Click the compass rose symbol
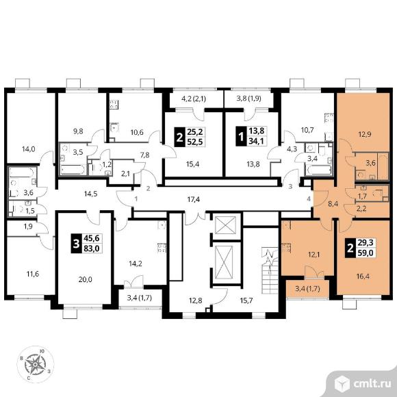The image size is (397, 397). pos(35,364)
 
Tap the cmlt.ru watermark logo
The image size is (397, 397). pos(363,385)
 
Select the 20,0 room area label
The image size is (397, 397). pos(85,279)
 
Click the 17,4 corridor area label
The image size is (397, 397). pos(194,200)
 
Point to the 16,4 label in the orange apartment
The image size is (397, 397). pos(363,277)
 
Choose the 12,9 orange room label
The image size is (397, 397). pos(365,134)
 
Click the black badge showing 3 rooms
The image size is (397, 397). pos(76,244)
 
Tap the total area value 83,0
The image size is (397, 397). pos(92,248)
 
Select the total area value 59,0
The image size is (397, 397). pos(366,253)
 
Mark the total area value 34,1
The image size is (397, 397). pos(256,141)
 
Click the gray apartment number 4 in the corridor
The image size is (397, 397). pos(309,199)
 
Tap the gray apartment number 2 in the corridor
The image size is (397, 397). pos(149,189)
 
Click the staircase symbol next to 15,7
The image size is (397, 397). pos(270,270)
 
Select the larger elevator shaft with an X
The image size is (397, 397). pos(224,262)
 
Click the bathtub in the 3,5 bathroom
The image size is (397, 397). pos(73,169)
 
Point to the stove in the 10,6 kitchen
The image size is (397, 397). pos(114,104)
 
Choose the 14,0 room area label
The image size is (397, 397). pos(28,149)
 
